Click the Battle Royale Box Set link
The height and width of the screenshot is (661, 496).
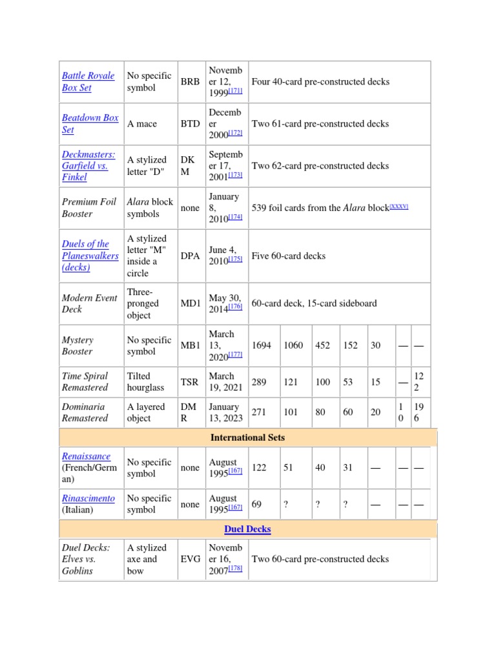(x=88, y=81)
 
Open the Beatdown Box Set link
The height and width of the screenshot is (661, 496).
(x=90, y=123)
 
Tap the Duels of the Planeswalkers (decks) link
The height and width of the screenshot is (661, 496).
(x=90, y=256)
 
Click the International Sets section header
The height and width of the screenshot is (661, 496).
(x=247, y=438)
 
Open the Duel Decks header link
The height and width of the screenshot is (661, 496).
(x=247, y=529)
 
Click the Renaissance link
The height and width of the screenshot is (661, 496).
(x=86, y=456)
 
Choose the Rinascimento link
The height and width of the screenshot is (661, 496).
(x=88, y=498)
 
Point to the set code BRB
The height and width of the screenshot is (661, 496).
(x=191, y=82)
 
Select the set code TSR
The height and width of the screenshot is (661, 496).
(x=189, y=382)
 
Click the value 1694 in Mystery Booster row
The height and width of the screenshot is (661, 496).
(x=261, y=345)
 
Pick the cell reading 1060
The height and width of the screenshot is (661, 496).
(x=293, y=345)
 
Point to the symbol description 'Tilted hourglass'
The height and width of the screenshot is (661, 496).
(x=145, y=381)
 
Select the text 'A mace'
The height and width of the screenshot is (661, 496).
(x=142, y=124)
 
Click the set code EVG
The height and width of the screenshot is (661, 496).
(x=191, y=559)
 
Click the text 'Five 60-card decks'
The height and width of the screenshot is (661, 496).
(x=288, y=256)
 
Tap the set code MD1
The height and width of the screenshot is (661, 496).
(x=191, y=303)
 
